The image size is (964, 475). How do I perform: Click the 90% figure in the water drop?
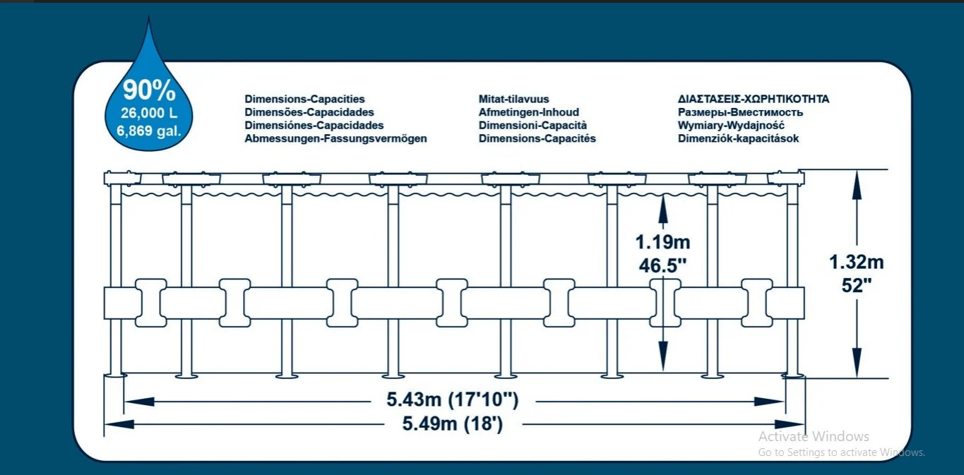[149, 90]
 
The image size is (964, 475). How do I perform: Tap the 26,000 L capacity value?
[149, 113]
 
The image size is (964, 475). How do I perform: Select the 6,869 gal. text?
[149, 131]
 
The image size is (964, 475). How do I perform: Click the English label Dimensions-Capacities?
[304, 99]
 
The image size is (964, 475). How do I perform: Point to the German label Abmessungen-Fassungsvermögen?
[335, 138]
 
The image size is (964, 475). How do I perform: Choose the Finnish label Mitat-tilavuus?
[514, 99]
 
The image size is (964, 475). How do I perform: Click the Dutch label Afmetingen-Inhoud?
[529, 112]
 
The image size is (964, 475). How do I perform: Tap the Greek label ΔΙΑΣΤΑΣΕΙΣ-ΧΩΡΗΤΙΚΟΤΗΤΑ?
[754, 99]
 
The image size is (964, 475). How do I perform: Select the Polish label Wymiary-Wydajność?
[731, 126]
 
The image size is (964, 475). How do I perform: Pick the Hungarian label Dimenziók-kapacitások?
[738, 138]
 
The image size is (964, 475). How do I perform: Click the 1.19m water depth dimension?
[662, 242]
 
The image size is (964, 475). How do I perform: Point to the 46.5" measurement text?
[662, 265]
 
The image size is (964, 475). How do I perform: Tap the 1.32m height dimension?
[857, 262]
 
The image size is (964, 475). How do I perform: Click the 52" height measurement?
[857, 285]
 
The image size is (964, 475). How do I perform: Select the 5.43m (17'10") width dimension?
[453, 399]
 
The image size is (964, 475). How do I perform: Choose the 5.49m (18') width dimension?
[453, 423]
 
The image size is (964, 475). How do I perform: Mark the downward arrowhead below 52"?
[857, 363]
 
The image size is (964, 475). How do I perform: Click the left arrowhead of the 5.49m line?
[119, 425]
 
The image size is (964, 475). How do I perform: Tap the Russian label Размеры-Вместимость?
[740, 112]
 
